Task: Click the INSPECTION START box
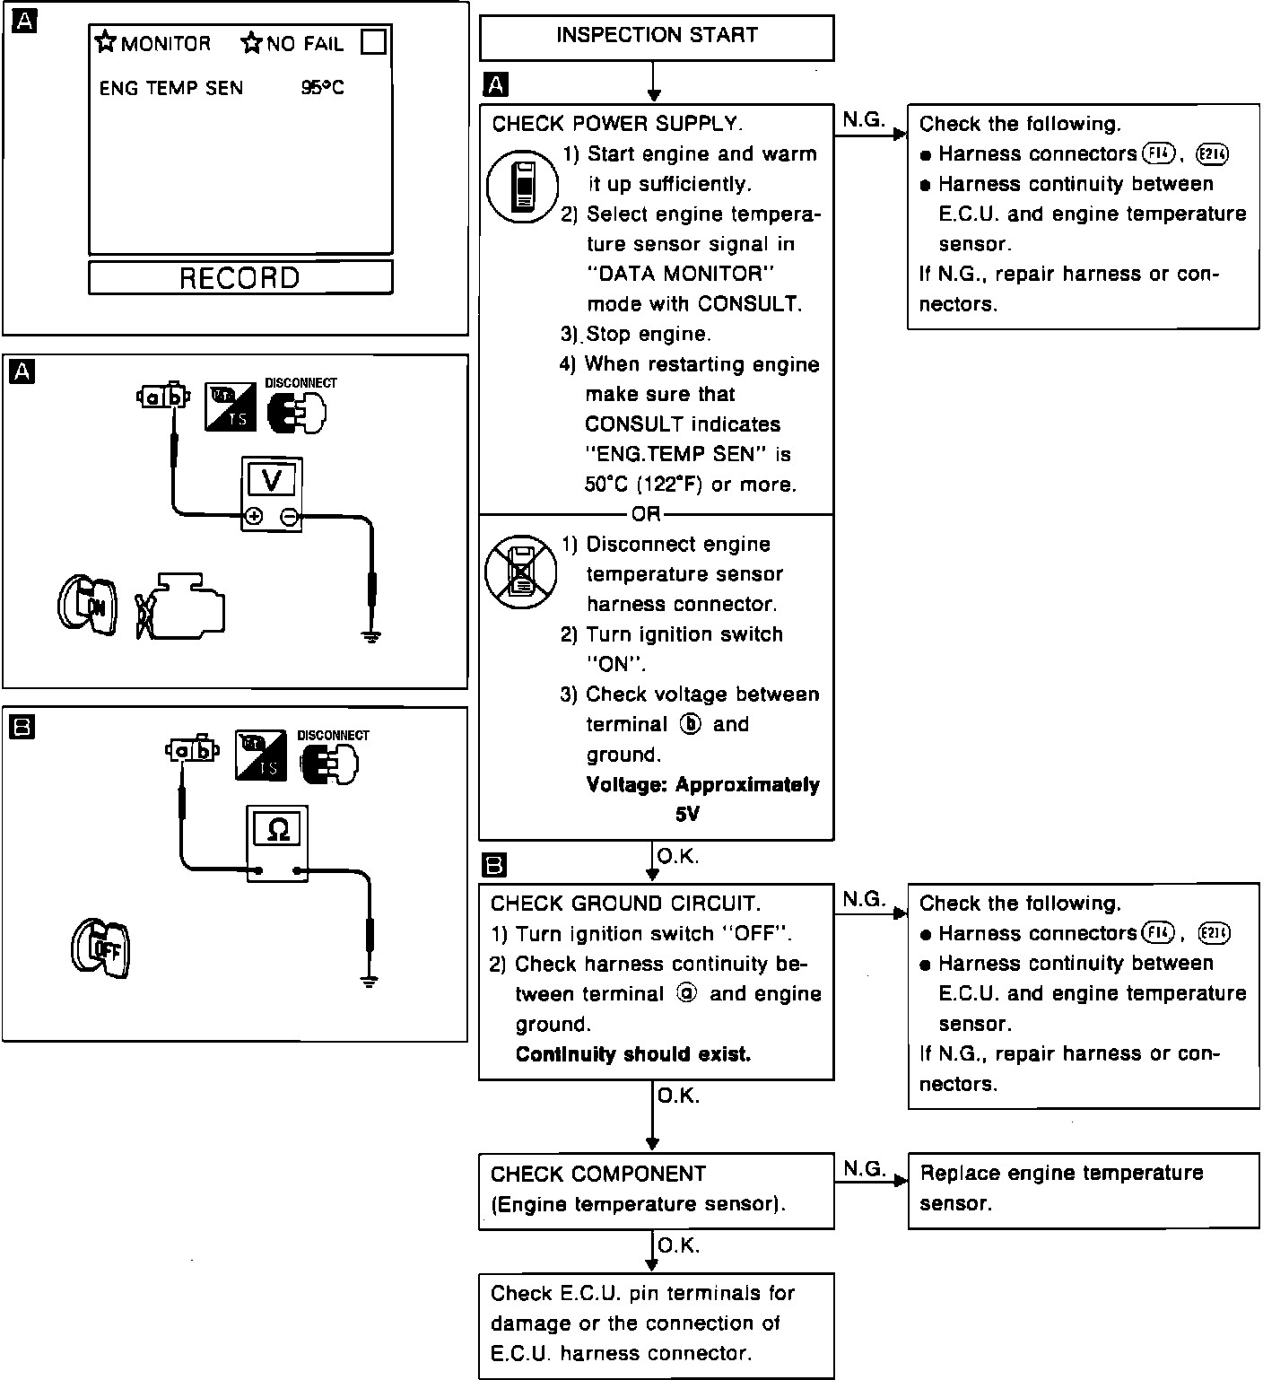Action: [x=657, y=37]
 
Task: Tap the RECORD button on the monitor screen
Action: [x=240, y=277]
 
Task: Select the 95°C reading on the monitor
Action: [x=322, y=88]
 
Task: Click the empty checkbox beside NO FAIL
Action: [x=373, y=41]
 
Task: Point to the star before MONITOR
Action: [x=107, y=42]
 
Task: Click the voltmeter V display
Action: [x=271, y=481]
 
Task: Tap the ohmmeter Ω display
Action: [x=278, y=830]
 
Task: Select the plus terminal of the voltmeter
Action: [x=254, y=516]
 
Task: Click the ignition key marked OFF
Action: [x=101, y=948]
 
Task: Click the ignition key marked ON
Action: [x=87, y=606]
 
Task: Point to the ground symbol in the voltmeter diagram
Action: [x=372, y=636]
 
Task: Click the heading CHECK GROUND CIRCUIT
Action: [x=625, y=904]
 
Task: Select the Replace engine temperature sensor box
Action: [x=1084, y=1189]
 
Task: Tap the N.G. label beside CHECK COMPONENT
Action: [x=865, y=1168]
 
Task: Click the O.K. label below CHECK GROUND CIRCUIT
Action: [x=678, y=1096]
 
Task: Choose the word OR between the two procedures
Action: [x=646, y=514]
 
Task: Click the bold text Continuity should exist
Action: [x=632, y=1054]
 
